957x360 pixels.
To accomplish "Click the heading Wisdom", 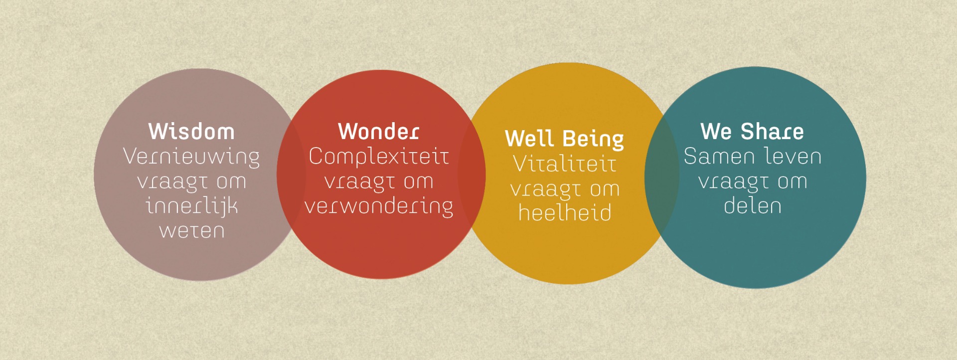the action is (x=191, y=132).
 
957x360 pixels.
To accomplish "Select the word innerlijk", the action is (x=192, y=206).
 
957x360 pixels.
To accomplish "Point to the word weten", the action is (x=192, y=231).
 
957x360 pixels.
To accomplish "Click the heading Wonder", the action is (x=379, y=132).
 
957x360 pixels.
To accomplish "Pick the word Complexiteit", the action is (x=379, y=157).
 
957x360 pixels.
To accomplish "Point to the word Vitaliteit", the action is (x=565, y=164).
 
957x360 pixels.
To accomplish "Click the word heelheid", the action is (x=565, y=213).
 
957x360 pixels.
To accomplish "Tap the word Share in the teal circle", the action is (x=772, y=132).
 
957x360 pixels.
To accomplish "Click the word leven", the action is (x=793, y=157).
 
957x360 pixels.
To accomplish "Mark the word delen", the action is (x=753, y=206).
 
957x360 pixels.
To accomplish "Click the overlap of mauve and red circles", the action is (x=291, y=175).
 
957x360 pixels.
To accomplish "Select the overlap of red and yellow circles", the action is (x=472, y=175).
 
